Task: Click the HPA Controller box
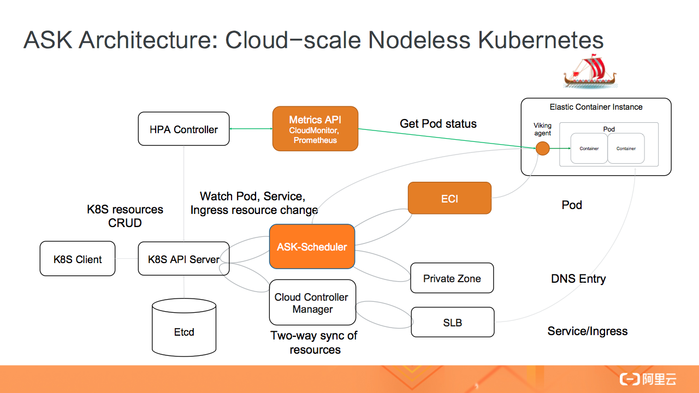coord(183,129)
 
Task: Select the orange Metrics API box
coord(315,129)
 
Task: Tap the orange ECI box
coord(449,199)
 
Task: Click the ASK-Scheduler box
coord(312,247)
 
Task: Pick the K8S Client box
coord(78,259)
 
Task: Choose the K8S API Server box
coord(183,259)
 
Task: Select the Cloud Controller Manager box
coord(312,303)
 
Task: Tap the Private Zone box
coord(452,278)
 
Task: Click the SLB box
coord(452,323)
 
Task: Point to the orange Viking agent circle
coord(542,148)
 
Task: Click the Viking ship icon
coord(590,71)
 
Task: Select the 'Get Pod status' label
coord(438,124)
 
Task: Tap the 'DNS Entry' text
coord(578,279)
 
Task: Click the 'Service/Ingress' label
coord(588,331)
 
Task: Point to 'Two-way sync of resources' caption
coord(314,343)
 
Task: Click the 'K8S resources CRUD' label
coord(125,216)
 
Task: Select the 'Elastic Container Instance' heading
coord(596,107)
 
